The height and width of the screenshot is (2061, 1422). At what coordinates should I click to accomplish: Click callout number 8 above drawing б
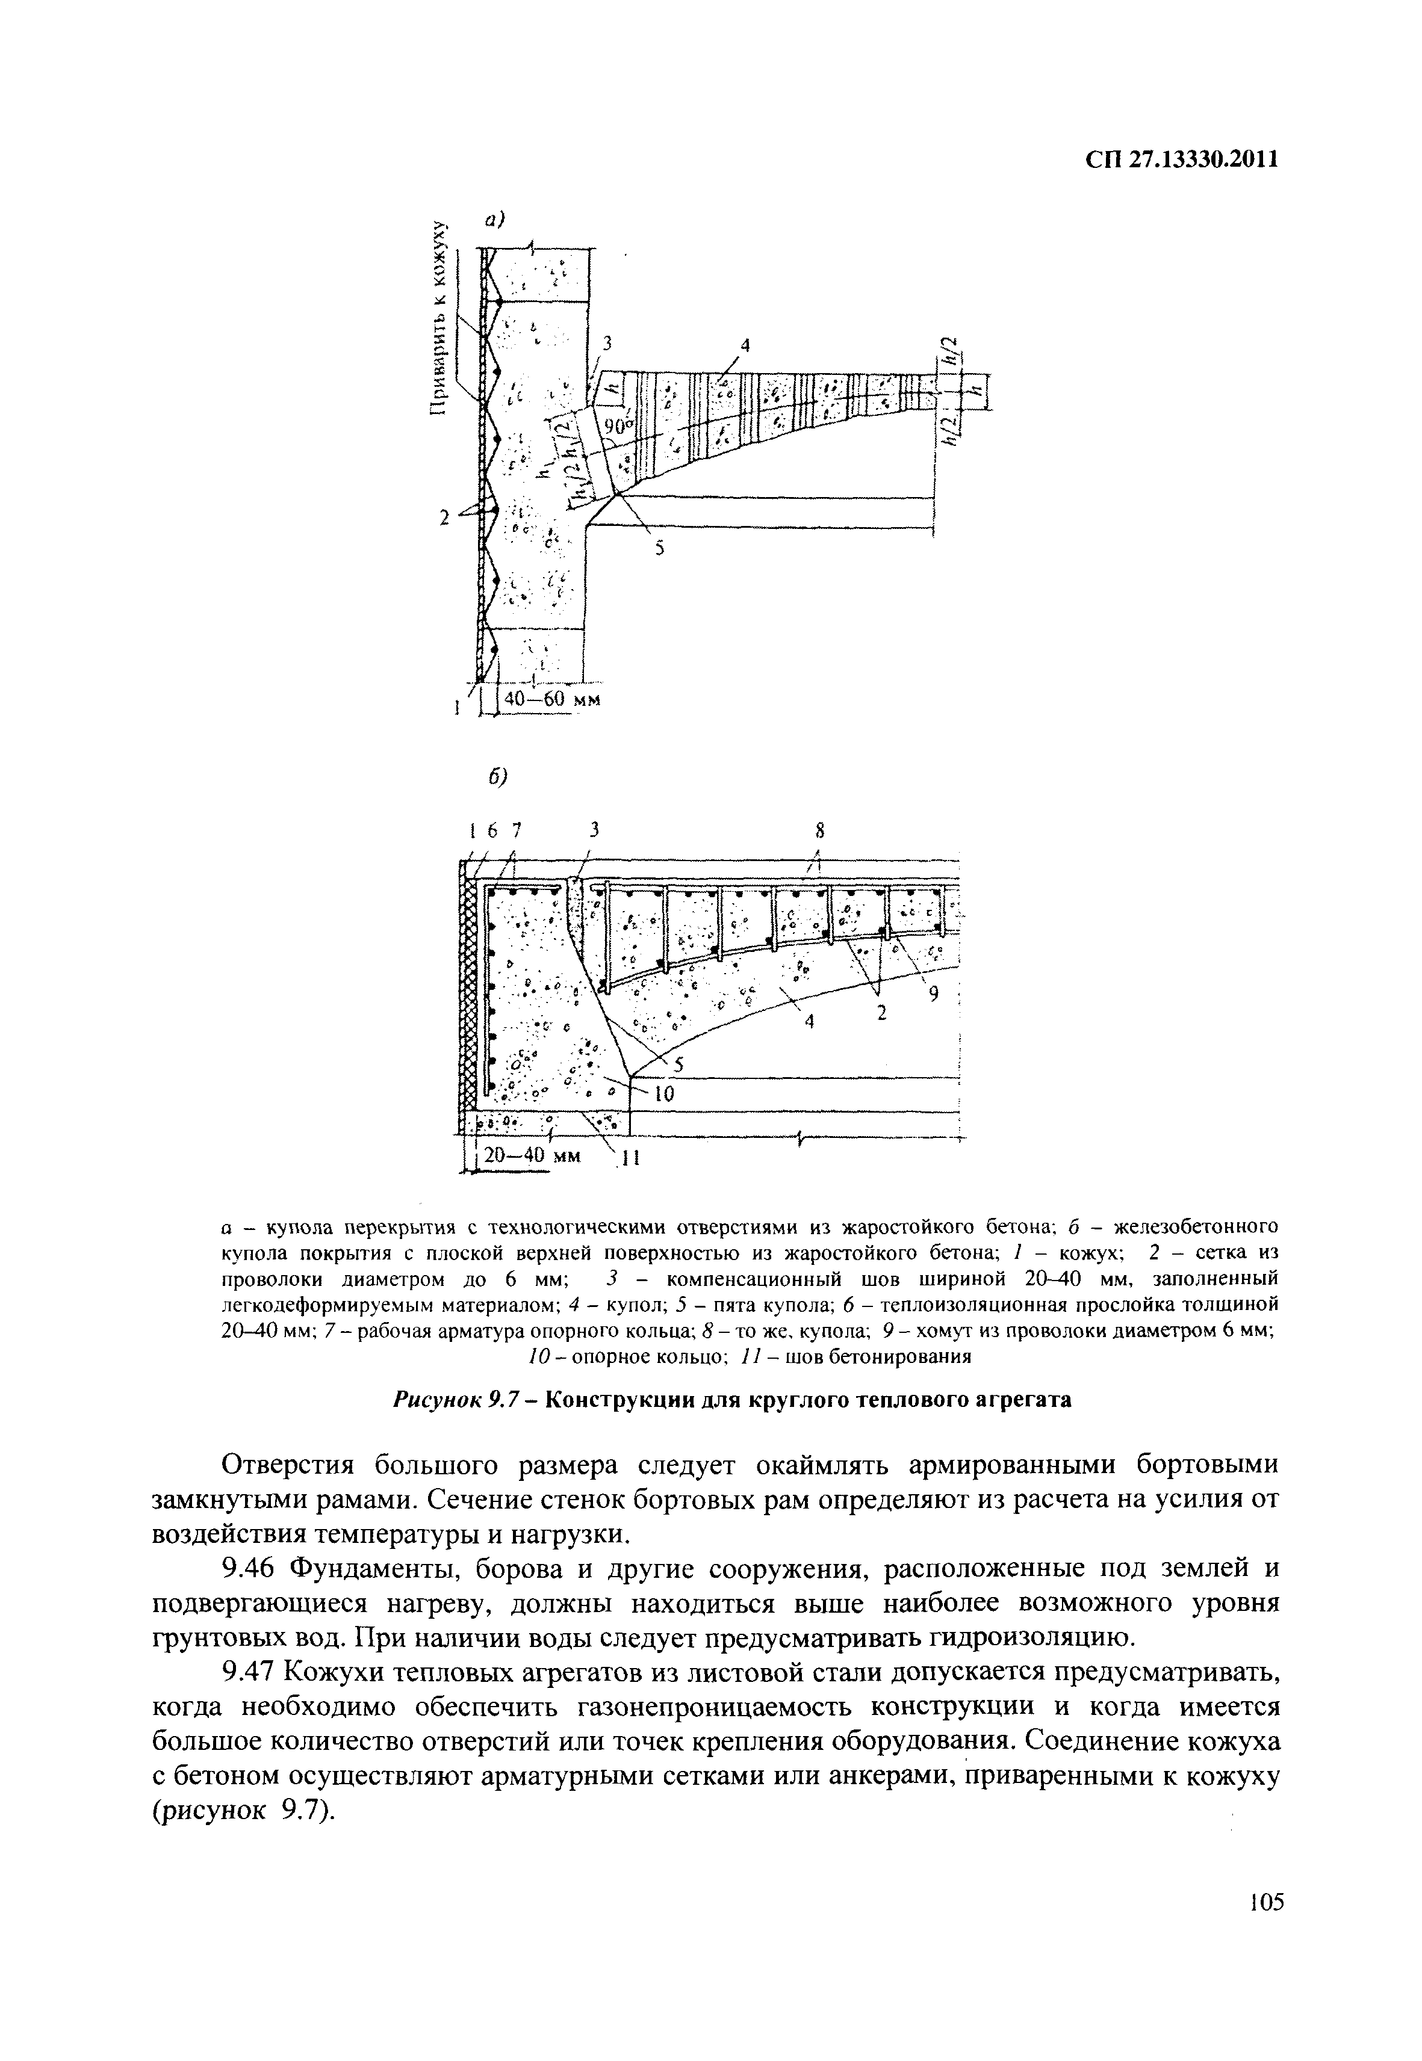[x=820, y=831]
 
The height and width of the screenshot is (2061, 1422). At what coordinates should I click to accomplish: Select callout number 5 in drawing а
[x=660, y=549]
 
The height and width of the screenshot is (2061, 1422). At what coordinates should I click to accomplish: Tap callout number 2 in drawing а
[x=444, y=516]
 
